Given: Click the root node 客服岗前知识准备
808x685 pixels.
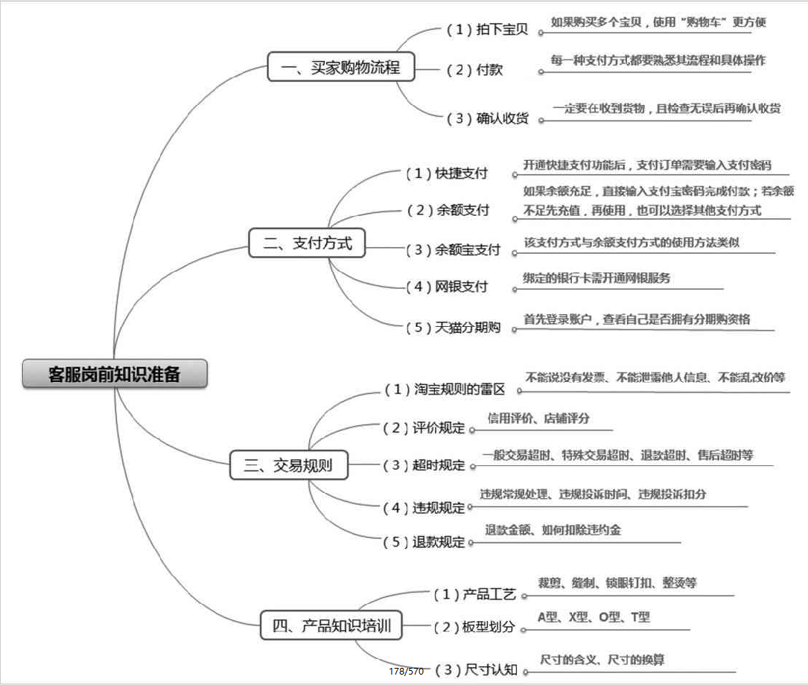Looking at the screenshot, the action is [114, 374].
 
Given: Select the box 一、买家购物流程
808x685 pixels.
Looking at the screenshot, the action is [340, 68].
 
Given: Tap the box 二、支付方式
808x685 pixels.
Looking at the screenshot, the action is [307, 243].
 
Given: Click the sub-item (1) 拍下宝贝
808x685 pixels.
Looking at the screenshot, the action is [487, 30].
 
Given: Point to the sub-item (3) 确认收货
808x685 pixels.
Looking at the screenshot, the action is [487, 118].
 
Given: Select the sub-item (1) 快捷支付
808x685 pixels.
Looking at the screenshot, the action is [447, 173].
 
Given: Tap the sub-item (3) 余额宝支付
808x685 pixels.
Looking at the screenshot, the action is [453, 249].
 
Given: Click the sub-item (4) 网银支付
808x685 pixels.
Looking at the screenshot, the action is [447, 287].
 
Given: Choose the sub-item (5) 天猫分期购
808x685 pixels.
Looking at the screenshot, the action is [453, 327].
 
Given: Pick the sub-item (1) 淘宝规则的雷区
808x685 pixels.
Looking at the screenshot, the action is [445, 389].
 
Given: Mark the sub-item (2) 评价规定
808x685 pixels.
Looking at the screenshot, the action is [424, 428].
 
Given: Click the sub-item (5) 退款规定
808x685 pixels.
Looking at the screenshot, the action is [424, 542].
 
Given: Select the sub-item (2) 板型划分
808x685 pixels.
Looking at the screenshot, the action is [474, 627].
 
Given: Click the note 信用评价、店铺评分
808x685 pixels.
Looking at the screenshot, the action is [538, 418].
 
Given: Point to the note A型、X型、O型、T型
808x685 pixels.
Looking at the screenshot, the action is [594, 617].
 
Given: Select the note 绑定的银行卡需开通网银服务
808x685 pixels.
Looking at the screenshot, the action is [597, 278].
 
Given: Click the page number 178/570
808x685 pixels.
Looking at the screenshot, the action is [406, 672].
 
